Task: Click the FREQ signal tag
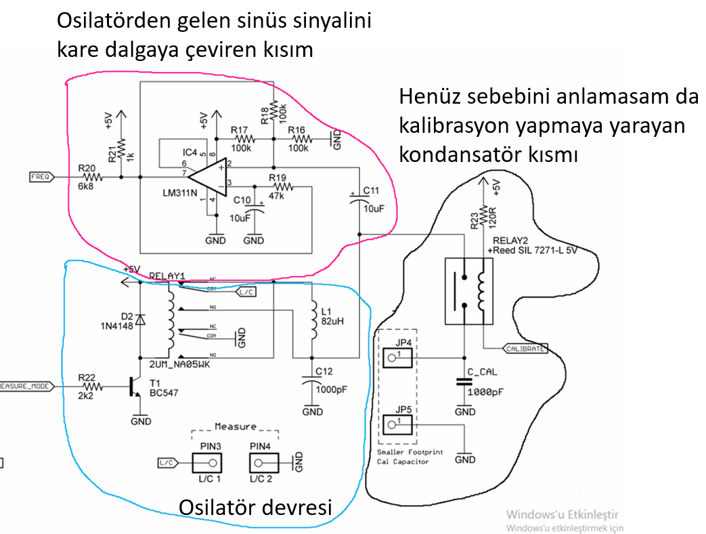point(41,177)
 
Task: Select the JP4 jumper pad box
point(398,357)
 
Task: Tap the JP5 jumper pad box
point(398,425)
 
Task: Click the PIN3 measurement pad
point(207,464)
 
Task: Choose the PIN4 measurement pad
point(265,464)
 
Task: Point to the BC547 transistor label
point(164,392)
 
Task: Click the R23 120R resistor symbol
point(483,218)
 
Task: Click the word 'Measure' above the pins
point(236,426)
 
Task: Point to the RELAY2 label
point(507,241)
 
